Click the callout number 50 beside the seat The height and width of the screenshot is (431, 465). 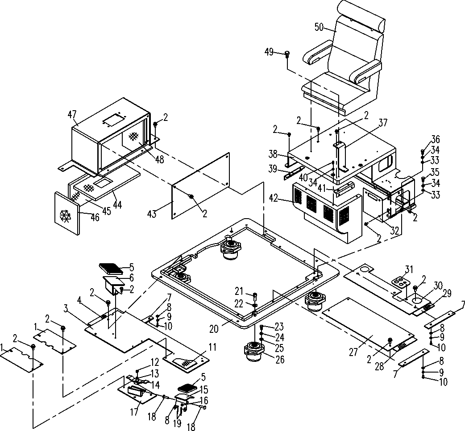click(319, 27)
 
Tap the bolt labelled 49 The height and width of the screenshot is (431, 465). click(287, 54)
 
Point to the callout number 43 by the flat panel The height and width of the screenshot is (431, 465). click(153, 215)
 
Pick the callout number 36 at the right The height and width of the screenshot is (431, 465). click(435, 139)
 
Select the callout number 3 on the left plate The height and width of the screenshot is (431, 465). click(65, 308)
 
